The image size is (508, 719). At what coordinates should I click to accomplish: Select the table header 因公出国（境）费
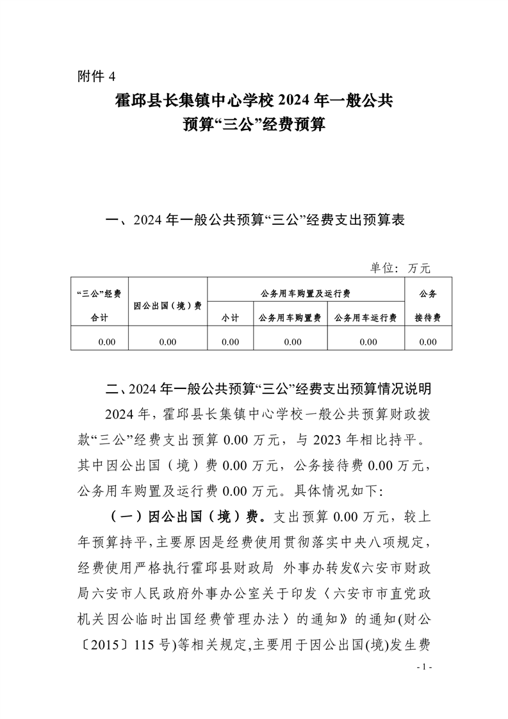point(168,306)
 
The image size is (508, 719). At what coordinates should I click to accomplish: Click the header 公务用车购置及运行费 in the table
point(305,293)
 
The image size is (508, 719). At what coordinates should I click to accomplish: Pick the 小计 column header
point(229,318)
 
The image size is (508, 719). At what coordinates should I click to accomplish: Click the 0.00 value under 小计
point(229,342)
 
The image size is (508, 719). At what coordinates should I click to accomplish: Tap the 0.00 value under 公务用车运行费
point(368,342)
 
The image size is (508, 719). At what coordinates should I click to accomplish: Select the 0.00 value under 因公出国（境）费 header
point(168,342)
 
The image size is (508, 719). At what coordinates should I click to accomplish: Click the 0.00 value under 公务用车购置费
point(292,342)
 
